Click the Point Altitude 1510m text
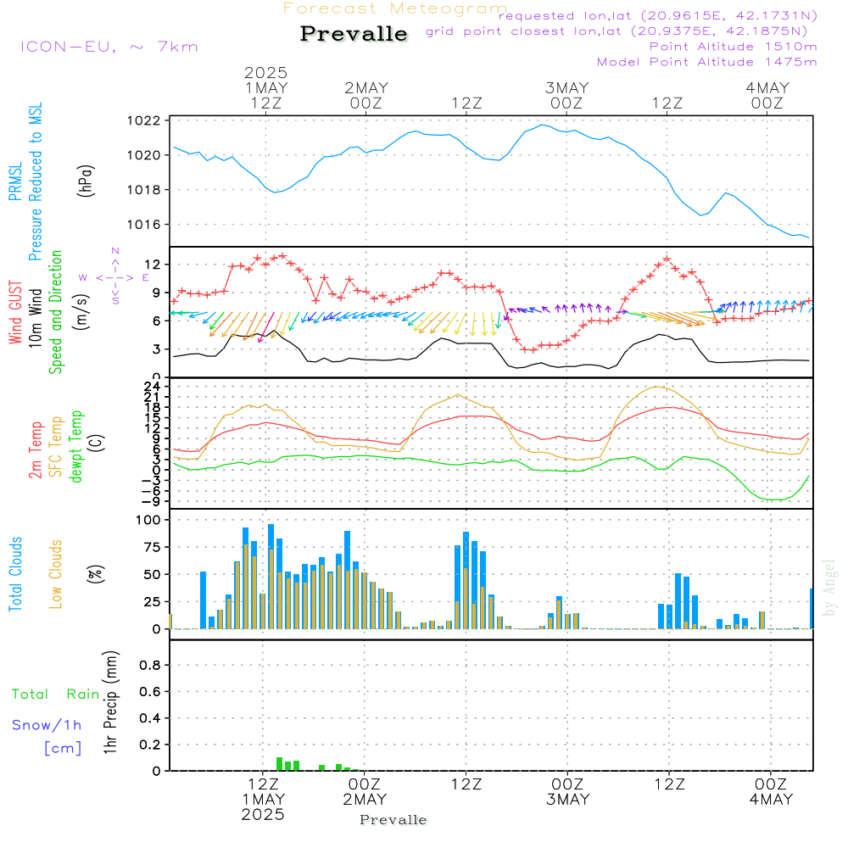tap(733, 46)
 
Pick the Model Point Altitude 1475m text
tap(706, 61)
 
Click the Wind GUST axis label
tap(15, 314)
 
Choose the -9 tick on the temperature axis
tap(153, 501)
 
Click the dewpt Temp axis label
tap(75, 447)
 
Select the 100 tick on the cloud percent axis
tap(149, 520)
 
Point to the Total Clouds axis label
tap(15, 574)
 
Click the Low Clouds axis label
tap(56, 574)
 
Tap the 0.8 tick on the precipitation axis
tap(150, 666)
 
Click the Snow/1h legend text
tap(47, 725)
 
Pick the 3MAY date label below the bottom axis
tap(567, 800)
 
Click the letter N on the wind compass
tap(115, 250)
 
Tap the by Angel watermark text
tap(829, 587)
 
